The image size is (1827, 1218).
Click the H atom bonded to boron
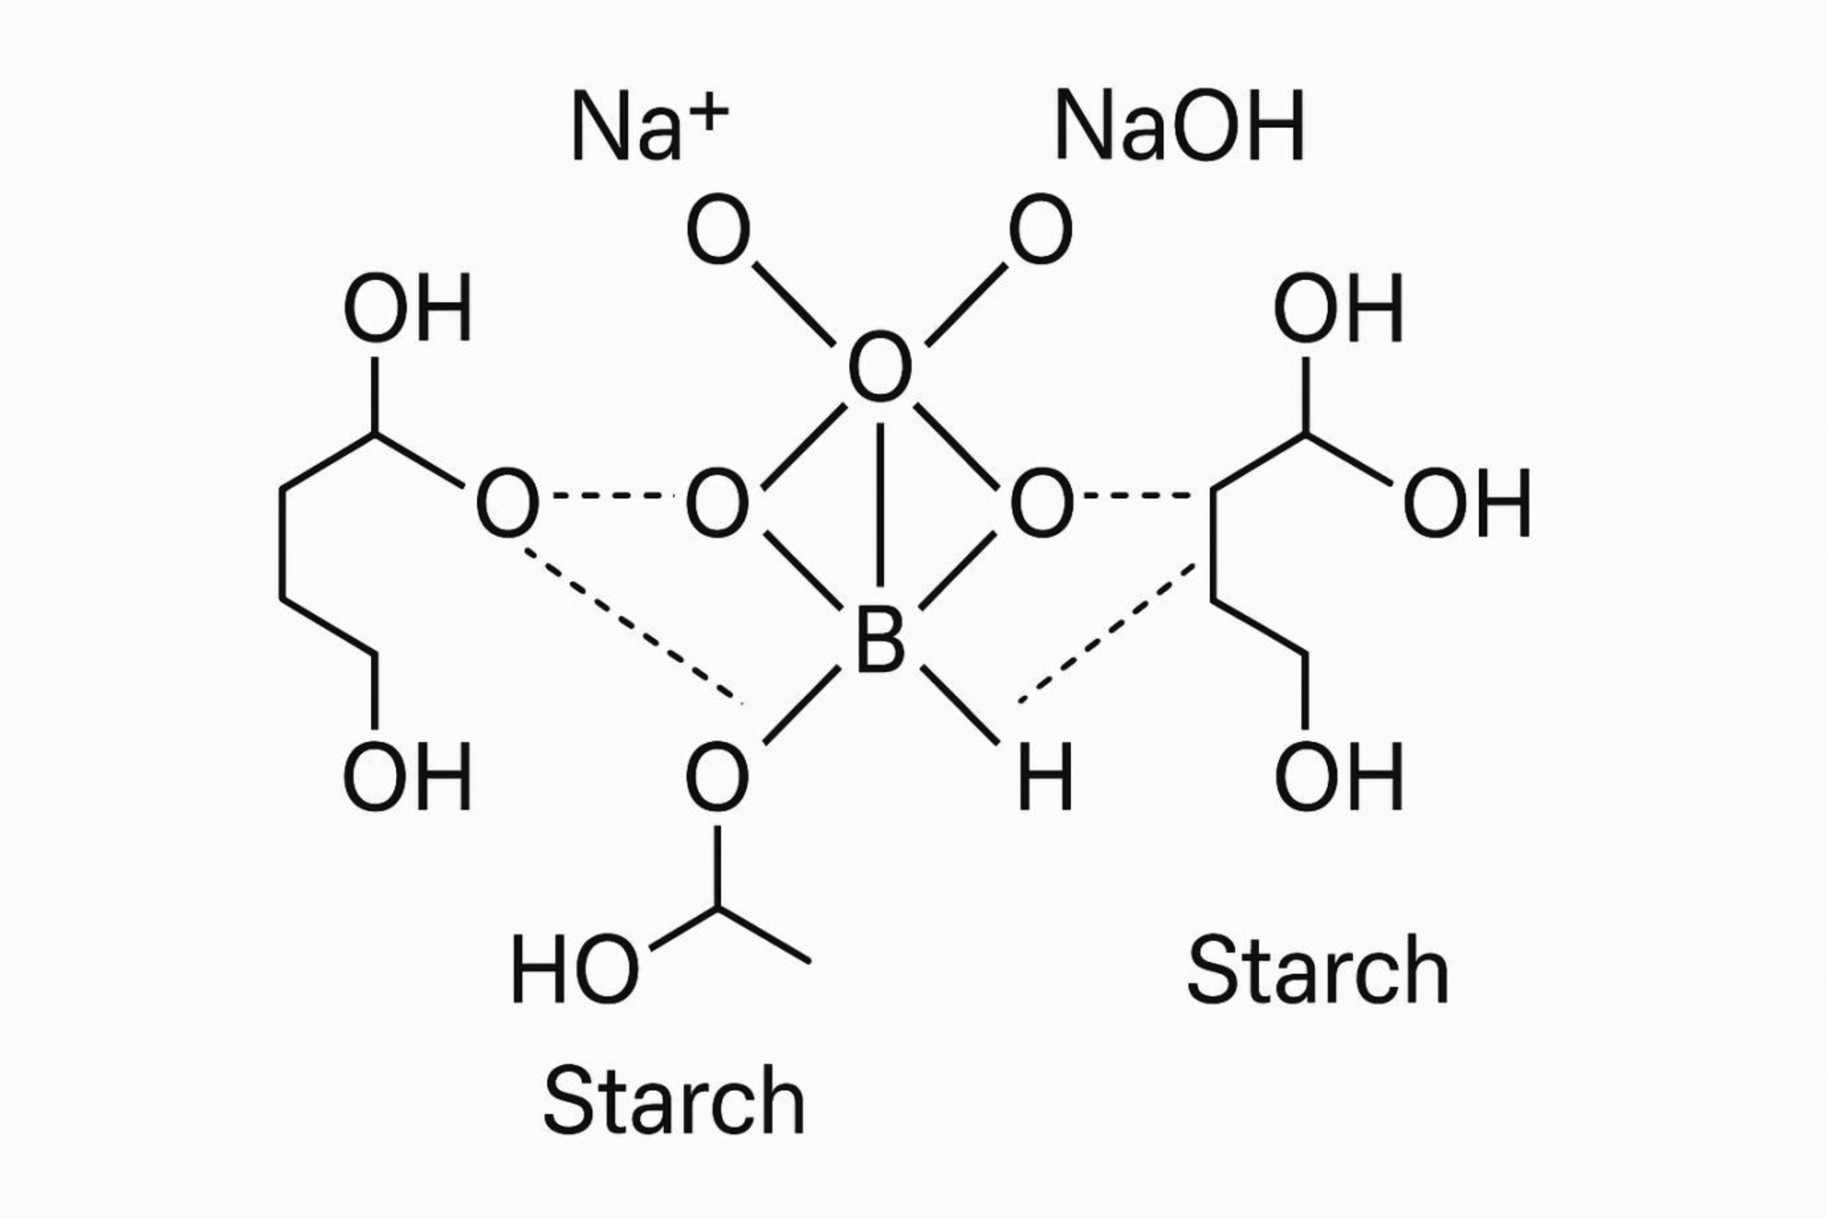[x=1045, y=776]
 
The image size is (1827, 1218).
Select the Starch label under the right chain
[x=1318, y=971]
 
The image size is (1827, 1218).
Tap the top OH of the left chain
[x=407, y=308]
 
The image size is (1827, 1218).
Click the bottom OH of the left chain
[x=407, y=776]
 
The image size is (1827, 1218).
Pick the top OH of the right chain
[x=1338, y=308]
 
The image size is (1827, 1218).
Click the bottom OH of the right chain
[x=1338, y=776]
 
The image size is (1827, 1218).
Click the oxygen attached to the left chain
[x=507, y=502]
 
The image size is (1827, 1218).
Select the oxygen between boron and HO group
[x=717, y=776]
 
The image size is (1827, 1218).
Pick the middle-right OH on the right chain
[x=1467, y=502]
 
